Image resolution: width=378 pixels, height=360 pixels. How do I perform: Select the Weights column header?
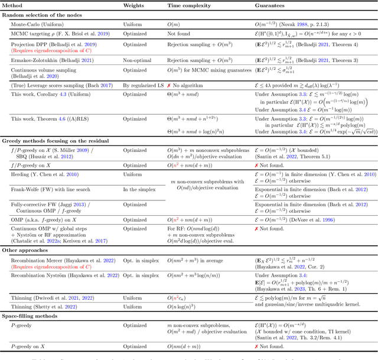pos(133,5)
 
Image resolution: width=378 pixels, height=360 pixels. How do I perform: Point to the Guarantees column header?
pos(270,5)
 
